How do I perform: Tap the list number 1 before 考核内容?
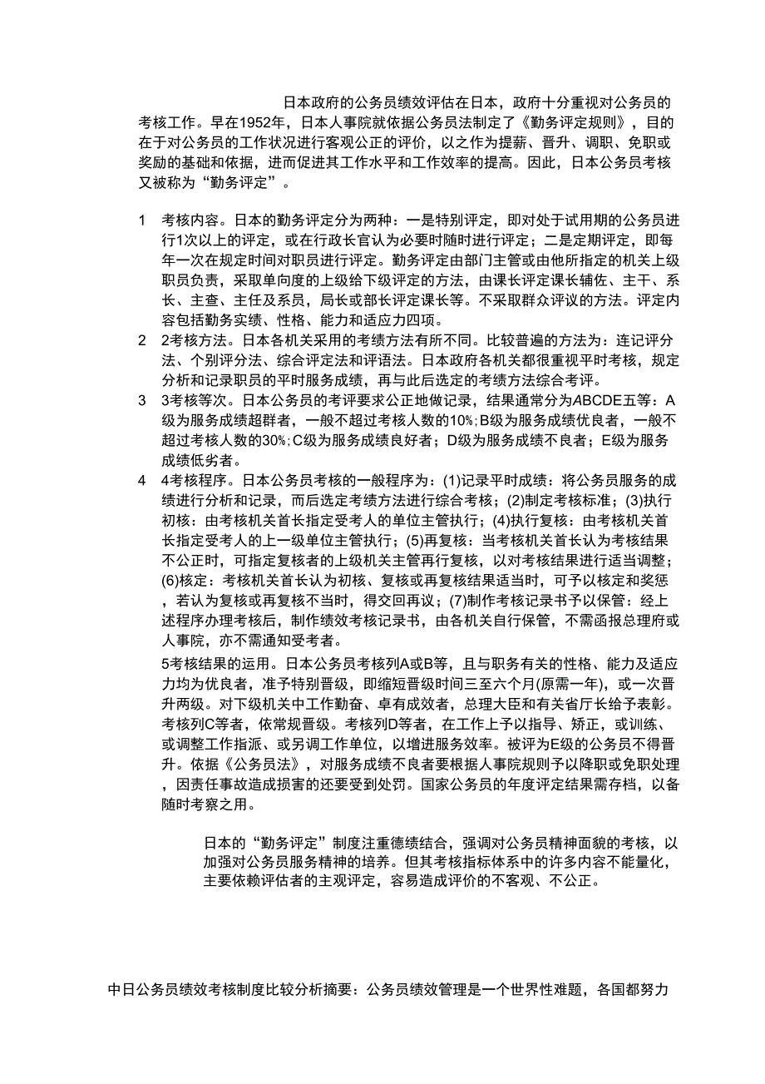click(142, 221)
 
